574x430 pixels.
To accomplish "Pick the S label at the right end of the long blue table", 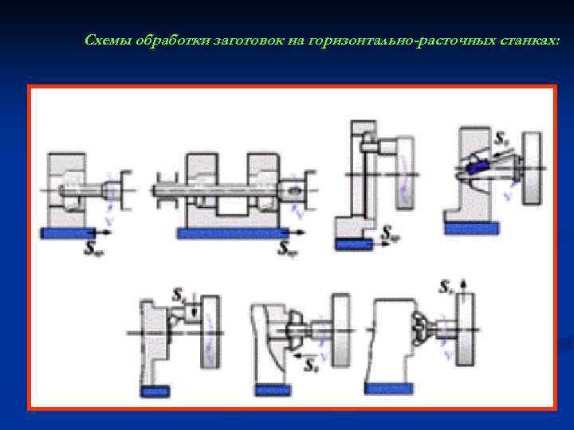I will [x=288, y=248].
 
